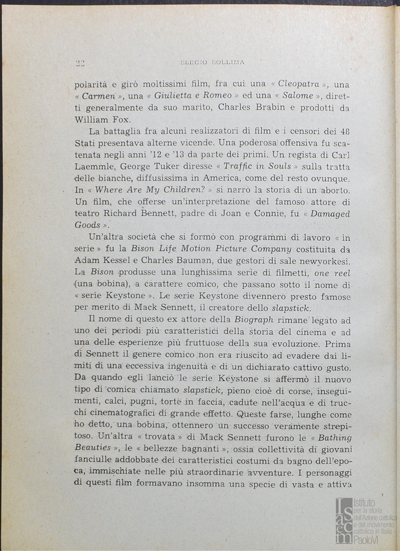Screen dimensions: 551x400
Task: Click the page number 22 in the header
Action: [80, 63]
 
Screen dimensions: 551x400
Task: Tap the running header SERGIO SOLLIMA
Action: [213, 63]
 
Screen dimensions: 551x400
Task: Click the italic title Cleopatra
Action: [299, 85]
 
